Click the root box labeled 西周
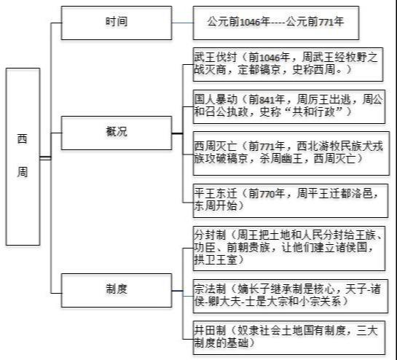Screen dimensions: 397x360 (23, 157)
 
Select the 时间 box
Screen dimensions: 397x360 (117, 23)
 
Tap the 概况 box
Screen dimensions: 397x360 (117, 133)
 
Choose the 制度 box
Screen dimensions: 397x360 (117, 290)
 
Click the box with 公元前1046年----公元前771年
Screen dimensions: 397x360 (276, 23)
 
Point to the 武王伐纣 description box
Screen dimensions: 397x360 (288, 64)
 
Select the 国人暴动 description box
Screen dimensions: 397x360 (289, 106)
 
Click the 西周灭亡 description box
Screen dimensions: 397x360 (291, 153)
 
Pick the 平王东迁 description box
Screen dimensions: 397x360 (291, 200)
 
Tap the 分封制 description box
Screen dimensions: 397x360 (289, 249)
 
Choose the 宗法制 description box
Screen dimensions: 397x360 (291, 296)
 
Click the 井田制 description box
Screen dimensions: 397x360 (289, 337)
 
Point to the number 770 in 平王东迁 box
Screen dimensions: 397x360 (266, 194)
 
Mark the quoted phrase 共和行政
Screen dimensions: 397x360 (314, 111)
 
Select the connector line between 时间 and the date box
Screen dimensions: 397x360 (182, 23)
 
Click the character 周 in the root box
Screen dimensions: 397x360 (23, 172)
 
